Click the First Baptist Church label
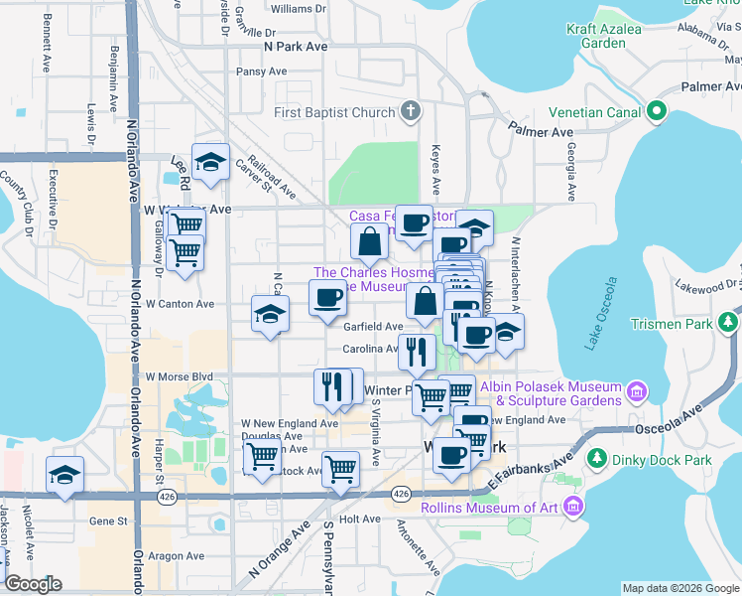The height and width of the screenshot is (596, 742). [334, 112]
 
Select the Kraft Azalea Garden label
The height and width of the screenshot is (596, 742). [610, 36]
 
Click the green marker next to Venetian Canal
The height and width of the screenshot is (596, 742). [656, 112]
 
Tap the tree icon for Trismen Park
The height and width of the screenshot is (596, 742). [729, 323]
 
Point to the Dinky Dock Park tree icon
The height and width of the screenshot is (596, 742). [597, 459]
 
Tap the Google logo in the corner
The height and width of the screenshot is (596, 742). [33, 583]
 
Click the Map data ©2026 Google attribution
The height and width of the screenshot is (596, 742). [680, 588]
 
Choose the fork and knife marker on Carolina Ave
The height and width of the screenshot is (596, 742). [417, 351]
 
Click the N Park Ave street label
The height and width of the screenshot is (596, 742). [296, 46]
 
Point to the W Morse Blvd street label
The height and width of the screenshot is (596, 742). [180, 376]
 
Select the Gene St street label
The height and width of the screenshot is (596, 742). [109, 520]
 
